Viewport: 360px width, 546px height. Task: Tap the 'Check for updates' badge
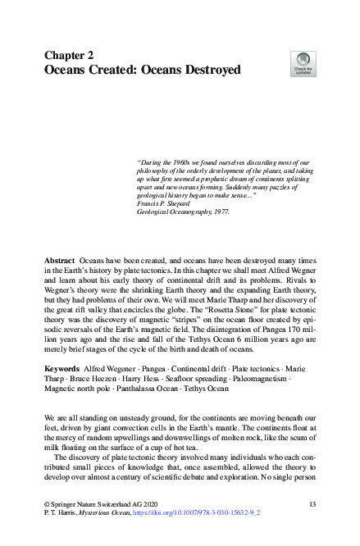tap(303, 64)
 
